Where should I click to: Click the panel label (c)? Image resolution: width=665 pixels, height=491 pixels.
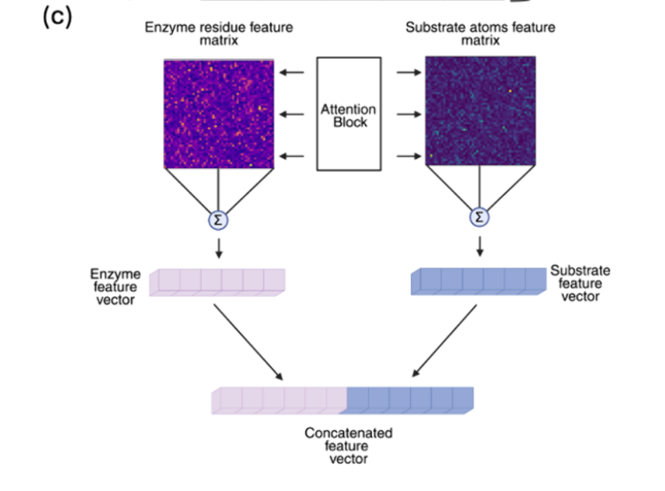pos(57,18)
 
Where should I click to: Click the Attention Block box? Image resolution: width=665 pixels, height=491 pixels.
pos(348,114)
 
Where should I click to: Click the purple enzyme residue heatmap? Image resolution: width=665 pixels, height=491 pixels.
pos(219,114)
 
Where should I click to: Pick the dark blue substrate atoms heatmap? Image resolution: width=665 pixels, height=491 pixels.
pos(480,114)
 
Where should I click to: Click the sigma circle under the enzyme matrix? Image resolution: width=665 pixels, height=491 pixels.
pos(219,220)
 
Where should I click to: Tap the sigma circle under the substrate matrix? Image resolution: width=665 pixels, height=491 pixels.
pos(480,218)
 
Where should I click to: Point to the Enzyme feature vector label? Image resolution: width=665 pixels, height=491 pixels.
pos(116,287)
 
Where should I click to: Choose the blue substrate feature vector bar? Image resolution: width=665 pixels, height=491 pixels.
pos(478,281)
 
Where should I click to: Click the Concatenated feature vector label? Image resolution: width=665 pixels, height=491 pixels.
pos(348,446)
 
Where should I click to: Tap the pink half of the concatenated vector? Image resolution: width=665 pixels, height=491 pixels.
pos(280,400)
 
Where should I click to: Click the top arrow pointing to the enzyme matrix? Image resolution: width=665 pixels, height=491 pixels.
pos(292,73)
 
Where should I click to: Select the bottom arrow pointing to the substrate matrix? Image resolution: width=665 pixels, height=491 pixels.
pos(408,156)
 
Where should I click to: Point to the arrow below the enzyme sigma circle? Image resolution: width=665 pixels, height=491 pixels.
pos(219,247)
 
